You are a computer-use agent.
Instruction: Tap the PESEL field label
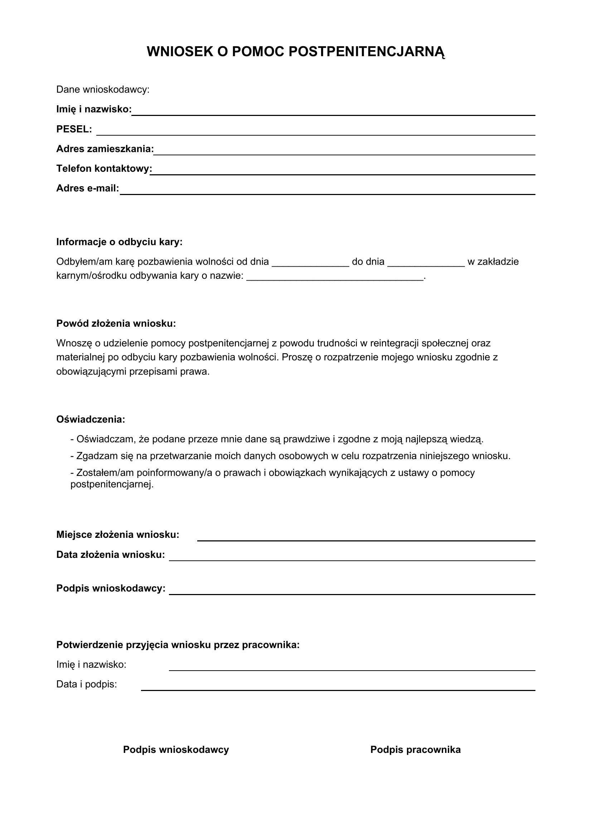click(x=74, y=129)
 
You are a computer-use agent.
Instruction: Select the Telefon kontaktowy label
click(x=104, y=169)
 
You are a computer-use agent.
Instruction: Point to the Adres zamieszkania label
click(x=105, y=149)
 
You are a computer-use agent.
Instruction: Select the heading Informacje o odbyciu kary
click(x=119, y=242)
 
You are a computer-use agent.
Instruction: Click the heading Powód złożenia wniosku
click(x=116, y=323)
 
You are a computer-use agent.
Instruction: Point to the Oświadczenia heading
click(x=91, y=420)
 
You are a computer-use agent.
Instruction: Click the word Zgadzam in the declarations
click(x=93, y=456)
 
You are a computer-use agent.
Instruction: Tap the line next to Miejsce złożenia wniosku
click(x=366, y=538)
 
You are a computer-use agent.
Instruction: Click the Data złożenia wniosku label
click(x=111, y=555)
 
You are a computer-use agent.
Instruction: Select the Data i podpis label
click(x=86, y=684)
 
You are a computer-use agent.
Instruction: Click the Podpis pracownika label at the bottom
click(x=415, y=750)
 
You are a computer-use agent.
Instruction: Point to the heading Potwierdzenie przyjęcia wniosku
click(x=178, y=645)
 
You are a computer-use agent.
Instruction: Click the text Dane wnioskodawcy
click(x=103, y=90)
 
